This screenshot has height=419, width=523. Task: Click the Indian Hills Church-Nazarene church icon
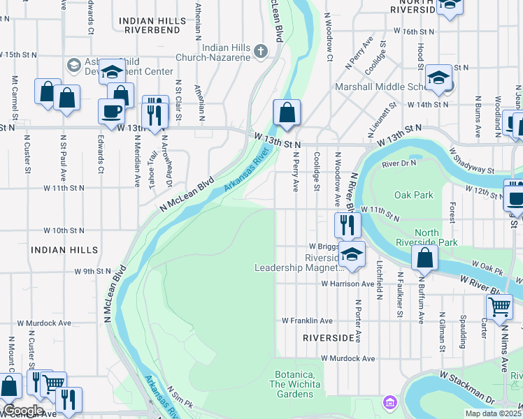(x=261, y=50)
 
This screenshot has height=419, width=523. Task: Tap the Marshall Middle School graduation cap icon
(x=438, y=78)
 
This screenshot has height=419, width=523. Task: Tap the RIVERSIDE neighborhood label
(x=329, y=337)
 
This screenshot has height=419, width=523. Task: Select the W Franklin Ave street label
(x=308, y=321)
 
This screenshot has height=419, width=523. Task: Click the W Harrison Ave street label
(x=348, y=284)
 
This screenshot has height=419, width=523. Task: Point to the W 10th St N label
(x=64, y=230)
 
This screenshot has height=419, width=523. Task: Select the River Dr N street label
(x=399, y=163)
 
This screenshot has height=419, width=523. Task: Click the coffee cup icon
(x=111, y=111)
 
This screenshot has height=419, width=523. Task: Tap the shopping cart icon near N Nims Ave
(x=499, y=306)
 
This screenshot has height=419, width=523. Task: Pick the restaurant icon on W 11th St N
(x=347, y=224)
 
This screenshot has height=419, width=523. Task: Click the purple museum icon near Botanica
(x=389, y=402)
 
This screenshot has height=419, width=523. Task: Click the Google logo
(x=24, y=411)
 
